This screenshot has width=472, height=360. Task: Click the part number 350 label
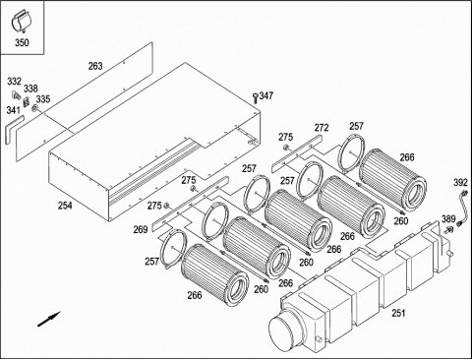(x=22, y=42)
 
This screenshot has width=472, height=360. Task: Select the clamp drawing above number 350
(x=21, y=22)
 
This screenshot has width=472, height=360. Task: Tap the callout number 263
(x=95, y=66)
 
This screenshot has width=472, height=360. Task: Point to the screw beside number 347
(x=255, y=97)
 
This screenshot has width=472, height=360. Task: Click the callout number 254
(x=65, y=206)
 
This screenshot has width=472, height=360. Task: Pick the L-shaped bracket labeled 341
(x=13, y=129)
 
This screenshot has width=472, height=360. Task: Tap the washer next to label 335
(x=34, y=108)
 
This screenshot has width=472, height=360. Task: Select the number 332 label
(x=15, y=82)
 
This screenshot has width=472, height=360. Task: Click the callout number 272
(x=322, y=128)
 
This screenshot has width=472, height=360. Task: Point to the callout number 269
(x=141, y=229)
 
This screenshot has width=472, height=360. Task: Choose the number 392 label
(x=460, y=182)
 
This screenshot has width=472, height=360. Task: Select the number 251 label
(x=398, y=313)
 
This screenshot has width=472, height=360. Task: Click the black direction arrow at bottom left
(x=49, y=319)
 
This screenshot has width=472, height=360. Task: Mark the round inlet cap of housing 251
(x=284, y=330)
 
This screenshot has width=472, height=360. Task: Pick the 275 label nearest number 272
(x=286, y=137)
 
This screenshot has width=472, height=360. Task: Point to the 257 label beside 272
(x=356, y=126)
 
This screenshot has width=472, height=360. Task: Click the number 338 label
(x=30, y=89)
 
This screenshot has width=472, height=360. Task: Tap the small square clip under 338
(x=26, y=102)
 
